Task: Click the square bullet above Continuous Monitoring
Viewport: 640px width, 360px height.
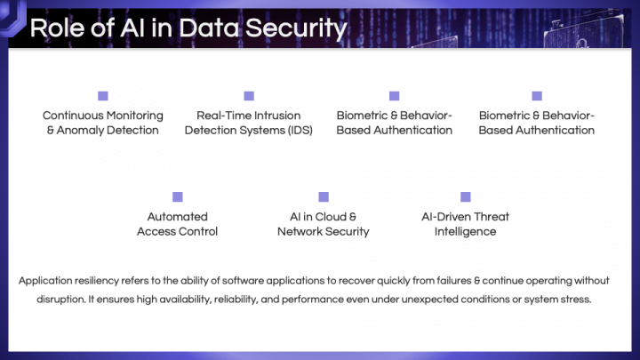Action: [103, 96]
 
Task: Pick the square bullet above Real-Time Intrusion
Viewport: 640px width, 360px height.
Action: [249, 96]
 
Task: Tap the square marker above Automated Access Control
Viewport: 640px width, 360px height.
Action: [178, 197]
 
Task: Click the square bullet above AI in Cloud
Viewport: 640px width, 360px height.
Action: [324, 197]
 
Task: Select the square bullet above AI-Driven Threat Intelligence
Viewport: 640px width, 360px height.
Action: [466, 197]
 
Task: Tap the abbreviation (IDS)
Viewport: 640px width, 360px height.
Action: [300, 130]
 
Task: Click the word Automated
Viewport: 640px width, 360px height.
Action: [178, 217]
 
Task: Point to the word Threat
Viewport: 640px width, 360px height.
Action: [492, 217]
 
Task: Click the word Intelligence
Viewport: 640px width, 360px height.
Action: [465, 232]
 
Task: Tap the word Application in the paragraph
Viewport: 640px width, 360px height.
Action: [45, 281]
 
